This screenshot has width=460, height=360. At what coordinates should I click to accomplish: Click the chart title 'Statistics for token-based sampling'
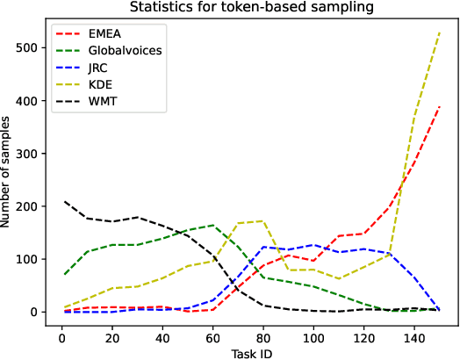251,9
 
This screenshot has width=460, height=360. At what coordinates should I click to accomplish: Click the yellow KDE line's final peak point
439,32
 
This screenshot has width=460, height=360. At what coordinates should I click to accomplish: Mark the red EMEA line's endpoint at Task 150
439,106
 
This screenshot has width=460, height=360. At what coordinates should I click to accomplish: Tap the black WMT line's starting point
64,202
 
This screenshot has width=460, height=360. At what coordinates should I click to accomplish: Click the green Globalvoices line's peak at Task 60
212,225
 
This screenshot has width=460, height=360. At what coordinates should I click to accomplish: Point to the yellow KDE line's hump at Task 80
262,221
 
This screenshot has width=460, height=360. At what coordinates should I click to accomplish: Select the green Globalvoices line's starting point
64,274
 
